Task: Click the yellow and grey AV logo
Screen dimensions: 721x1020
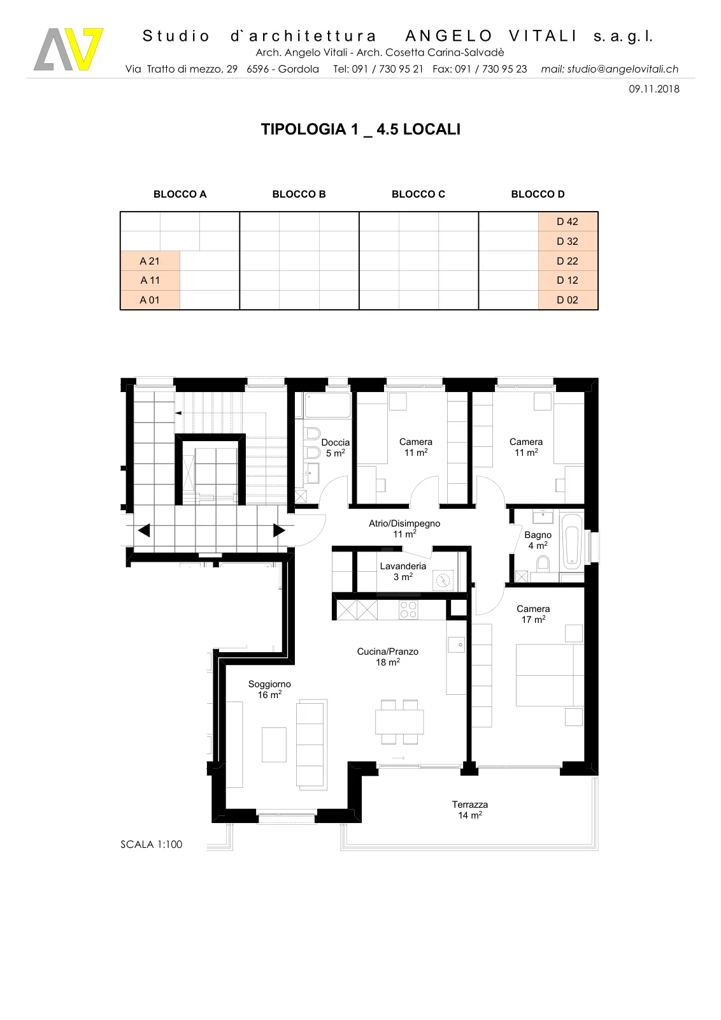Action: tap(69, 49)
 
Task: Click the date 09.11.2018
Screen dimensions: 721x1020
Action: tap(653, 89)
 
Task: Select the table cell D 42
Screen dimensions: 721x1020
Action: tap(568, 222)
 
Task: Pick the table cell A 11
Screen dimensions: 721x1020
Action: tap(150, 280)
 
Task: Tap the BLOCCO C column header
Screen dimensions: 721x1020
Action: tap(418, 194)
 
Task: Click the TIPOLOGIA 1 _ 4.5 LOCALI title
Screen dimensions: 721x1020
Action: tap(360, 129)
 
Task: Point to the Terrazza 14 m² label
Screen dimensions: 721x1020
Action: tap(470, 810)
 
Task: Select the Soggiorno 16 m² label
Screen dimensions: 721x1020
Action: tap(269, 689)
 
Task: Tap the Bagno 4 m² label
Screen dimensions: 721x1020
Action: tap(538, 540)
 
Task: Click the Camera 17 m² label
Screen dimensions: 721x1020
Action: tap(533, 614)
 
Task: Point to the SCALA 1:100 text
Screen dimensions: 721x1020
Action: tap(151, 844)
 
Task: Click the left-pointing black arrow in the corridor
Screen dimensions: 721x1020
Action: tap(144, 530)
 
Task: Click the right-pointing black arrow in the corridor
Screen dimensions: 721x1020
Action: tap(279, 530)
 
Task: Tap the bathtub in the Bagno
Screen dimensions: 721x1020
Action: tap(572, 542)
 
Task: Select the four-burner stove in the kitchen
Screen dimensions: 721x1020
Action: tap(408, 610)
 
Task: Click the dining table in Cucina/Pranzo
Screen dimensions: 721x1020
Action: tap(399, 721)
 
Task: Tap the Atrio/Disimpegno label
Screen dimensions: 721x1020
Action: tap(404, 528)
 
